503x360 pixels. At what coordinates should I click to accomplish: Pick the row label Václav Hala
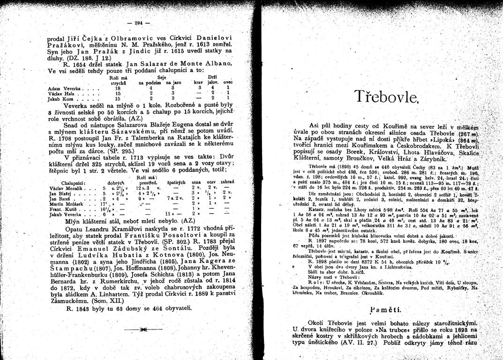pyautogui.click(x=61, y=93)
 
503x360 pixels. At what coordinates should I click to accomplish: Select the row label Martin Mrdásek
pyautogui.click(x=65, y=205)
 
